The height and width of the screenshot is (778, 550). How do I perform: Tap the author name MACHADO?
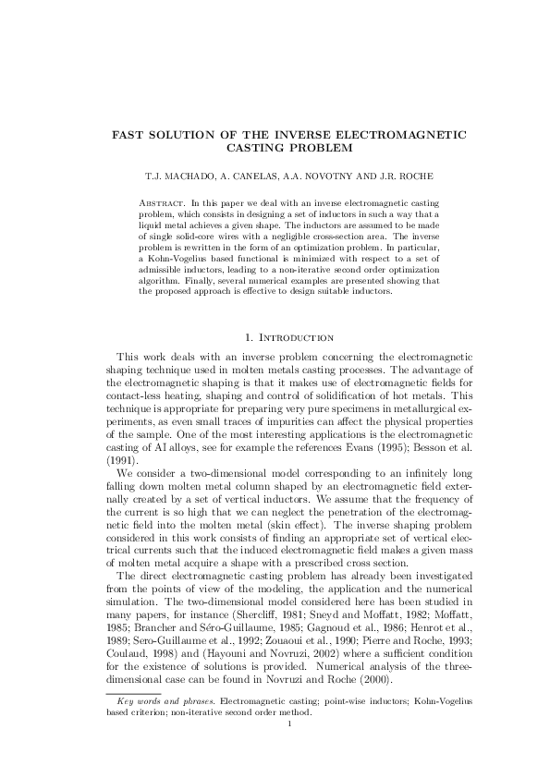[169, 175]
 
